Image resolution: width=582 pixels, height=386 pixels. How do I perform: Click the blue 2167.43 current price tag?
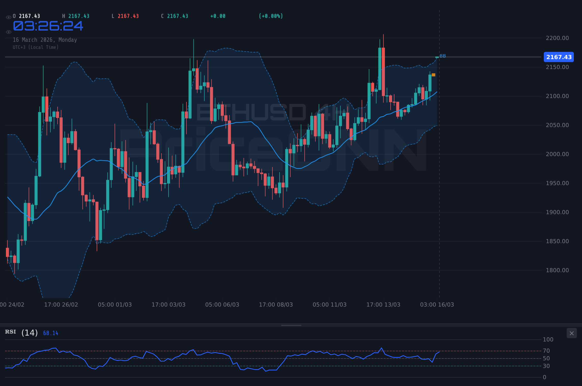pyautogui.click(x=559, y=57)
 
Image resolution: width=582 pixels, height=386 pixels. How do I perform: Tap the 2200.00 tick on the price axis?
pyautogui.click(x=557, y=38)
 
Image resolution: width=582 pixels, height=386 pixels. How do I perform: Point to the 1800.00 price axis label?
pyautogui.click(x=557, y=270)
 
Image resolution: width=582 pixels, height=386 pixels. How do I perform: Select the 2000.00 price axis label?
pyautogui.click(x=557, y=154)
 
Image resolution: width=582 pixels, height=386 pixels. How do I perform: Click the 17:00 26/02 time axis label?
pyautogui.click(x=61, y=305)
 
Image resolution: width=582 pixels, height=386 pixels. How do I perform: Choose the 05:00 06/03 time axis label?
pyautogui.click(x=222, y=305)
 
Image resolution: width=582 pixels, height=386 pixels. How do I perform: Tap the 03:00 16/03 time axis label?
pyautogui.click(x=437, y=305)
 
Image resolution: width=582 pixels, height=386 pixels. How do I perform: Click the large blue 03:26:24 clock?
pyautogui.click(x=48, y=26)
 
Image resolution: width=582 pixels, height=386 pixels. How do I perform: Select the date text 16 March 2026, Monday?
pyautogui.click(x=45, y=40)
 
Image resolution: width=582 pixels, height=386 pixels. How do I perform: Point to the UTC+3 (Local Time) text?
pyautogui.click(x=36, y=47)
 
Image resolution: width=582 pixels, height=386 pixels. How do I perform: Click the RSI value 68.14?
pyautogui.click(x=51, y=333)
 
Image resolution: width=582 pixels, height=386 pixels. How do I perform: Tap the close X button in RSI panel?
pyautogui.click(x=572, y=333)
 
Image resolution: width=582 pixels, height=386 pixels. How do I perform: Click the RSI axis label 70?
pyautogui.click(x=546, y=351)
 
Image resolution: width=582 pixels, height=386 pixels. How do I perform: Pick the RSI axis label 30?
pyautogui.click(x=546, y=366)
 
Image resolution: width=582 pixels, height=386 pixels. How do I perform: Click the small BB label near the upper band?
pyautogui.click(x=443, y=56)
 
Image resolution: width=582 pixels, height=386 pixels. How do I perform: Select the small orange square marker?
pyautogui.click(x=434, y=75)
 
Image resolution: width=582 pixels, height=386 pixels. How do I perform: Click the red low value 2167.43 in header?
pyautogui.click(x=128, y=16)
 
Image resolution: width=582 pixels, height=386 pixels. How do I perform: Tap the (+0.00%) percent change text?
pyautogui.click(x=271, y=16)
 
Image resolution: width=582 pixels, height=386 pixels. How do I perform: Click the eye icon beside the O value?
pyautogui.click(x=8, y=17)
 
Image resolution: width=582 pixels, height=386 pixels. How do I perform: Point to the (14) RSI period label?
pyautogui.click(x=30, y=333)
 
